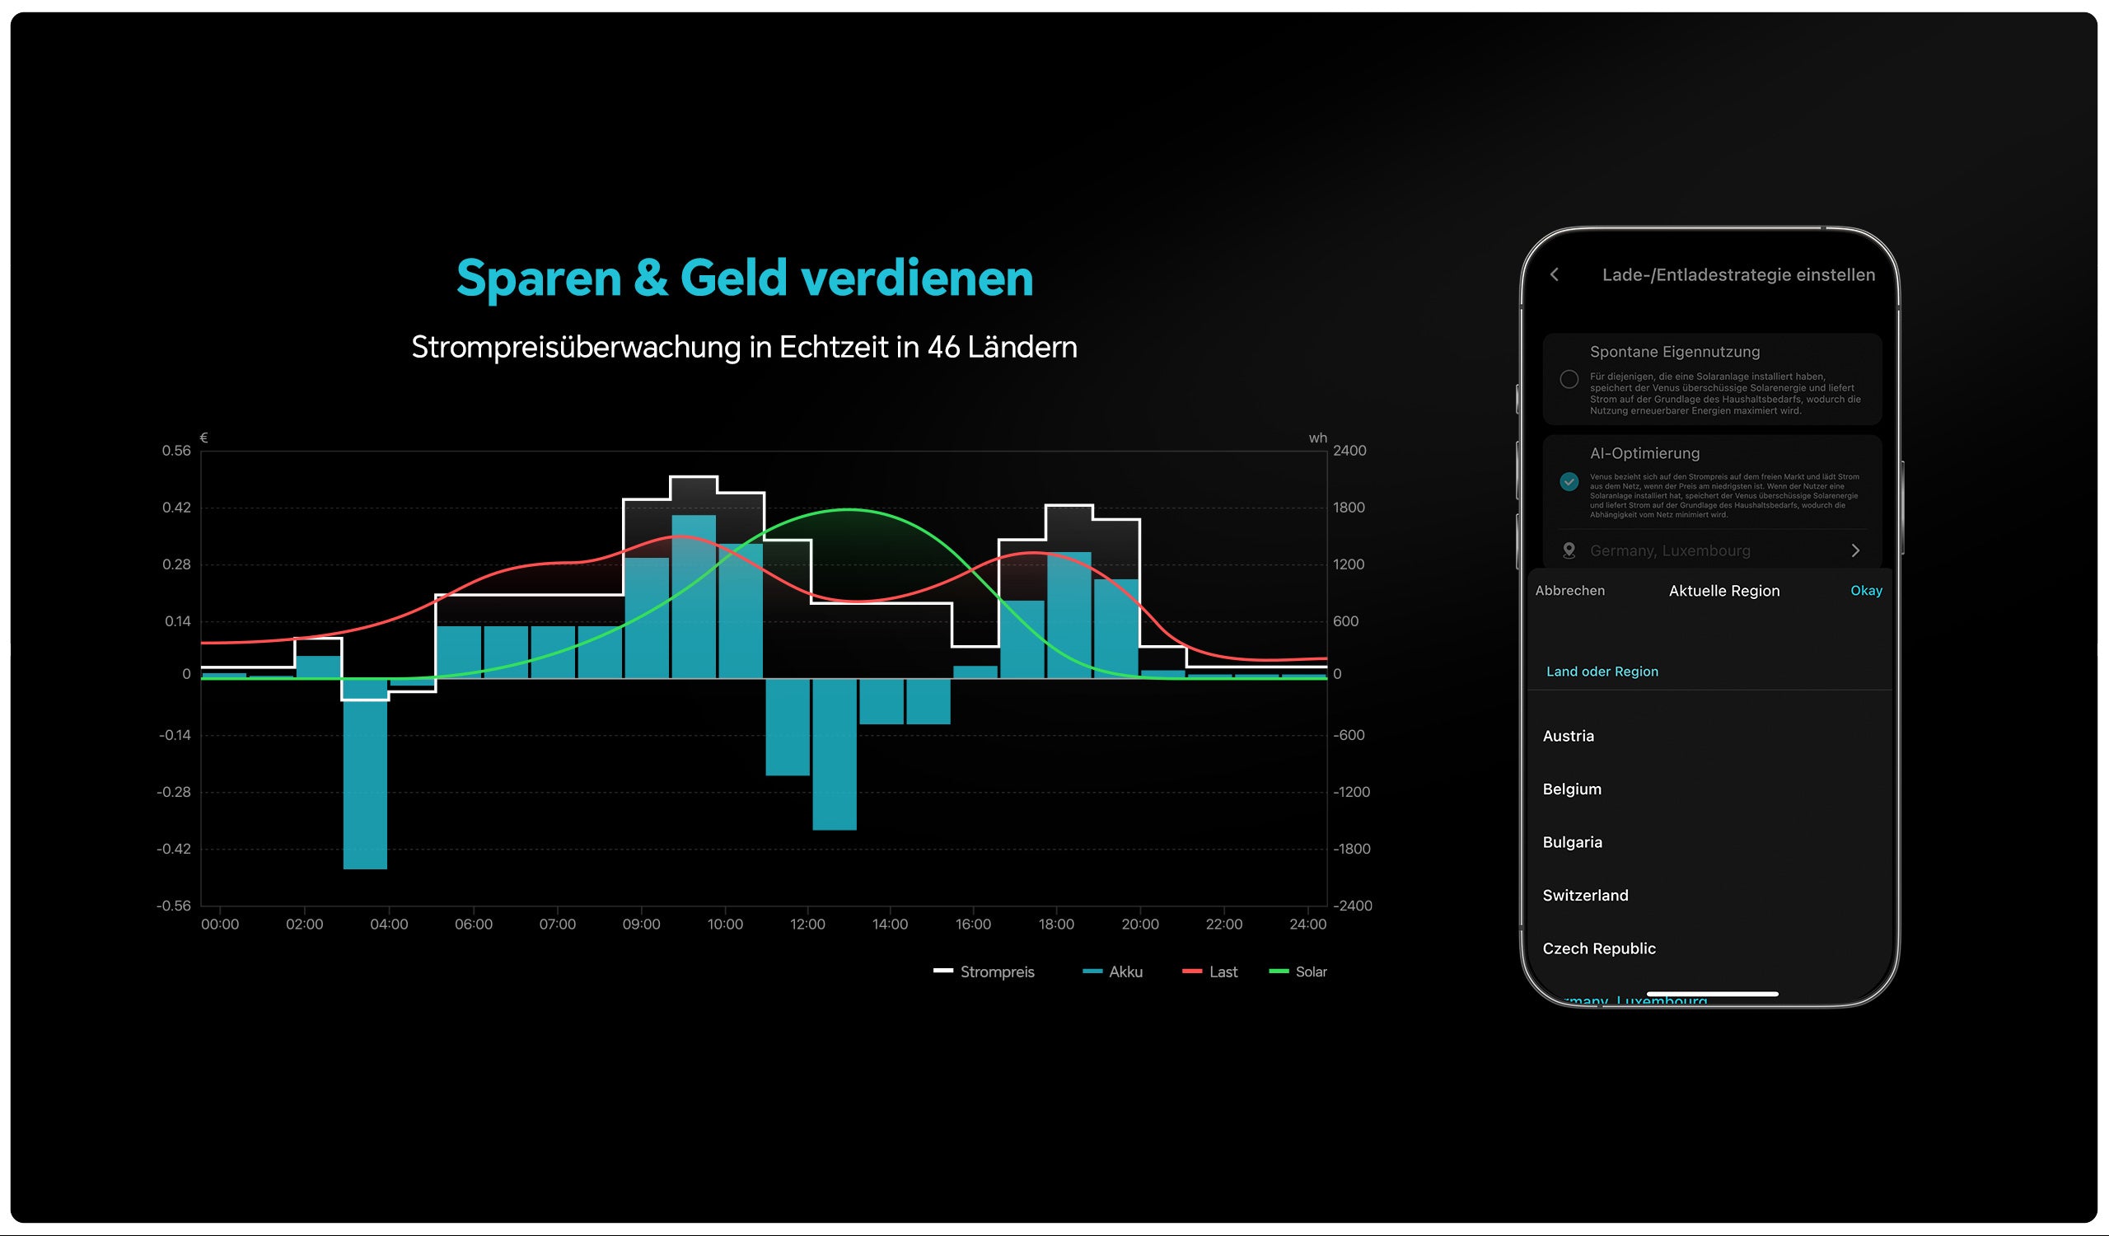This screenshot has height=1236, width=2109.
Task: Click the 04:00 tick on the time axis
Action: [x=389, y=924]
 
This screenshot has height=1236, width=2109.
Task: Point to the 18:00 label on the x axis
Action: [x=1056, y=924]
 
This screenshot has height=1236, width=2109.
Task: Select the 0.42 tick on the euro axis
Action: [x=176, y=507]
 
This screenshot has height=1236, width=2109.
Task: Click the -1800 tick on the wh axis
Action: [x=1352, y=849]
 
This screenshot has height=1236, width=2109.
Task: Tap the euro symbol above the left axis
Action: [x=204, y=438]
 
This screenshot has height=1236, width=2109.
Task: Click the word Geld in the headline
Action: [x=733, y=278]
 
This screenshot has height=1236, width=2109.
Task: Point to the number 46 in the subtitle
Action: [x=942, y=347]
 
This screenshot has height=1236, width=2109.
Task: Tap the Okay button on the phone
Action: [x=1865, y=591]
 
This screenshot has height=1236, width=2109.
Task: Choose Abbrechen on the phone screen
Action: [x=1570, y=591]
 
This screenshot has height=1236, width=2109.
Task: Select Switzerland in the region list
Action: [x=1585, y=896]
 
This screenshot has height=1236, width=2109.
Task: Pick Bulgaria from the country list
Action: [x=1573, y=842]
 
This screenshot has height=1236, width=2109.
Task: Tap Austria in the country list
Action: [x=1569, y=737]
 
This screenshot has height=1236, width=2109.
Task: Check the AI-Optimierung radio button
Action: [x=1569, y=481]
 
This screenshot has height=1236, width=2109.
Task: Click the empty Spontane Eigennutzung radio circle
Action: [x=1569, y=380]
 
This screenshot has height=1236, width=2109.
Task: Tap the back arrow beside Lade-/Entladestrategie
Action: [x=1554, y=274]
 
